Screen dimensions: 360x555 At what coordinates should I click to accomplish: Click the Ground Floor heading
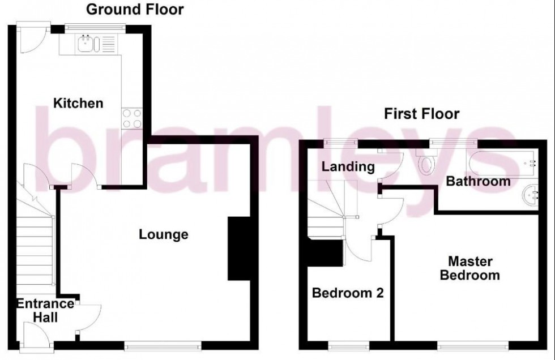tap(135, 9)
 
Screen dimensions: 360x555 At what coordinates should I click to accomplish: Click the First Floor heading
tap(422, 114)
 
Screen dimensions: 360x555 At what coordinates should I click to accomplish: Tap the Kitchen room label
tap(78, 103)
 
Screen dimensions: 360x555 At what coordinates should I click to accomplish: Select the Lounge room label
tap(164, 234)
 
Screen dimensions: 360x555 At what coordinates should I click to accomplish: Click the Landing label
tap(348, 166)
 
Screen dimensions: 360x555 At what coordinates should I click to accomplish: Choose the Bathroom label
tap(478, 182)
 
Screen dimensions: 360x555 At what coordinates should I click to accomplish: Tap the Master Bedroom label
tap(473, 268)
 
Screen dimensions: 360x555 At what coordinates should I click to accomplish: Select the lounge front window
tap(164, 344)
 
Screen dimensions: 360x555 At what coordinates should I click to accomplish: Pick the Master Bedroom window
tap(472, 344)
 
